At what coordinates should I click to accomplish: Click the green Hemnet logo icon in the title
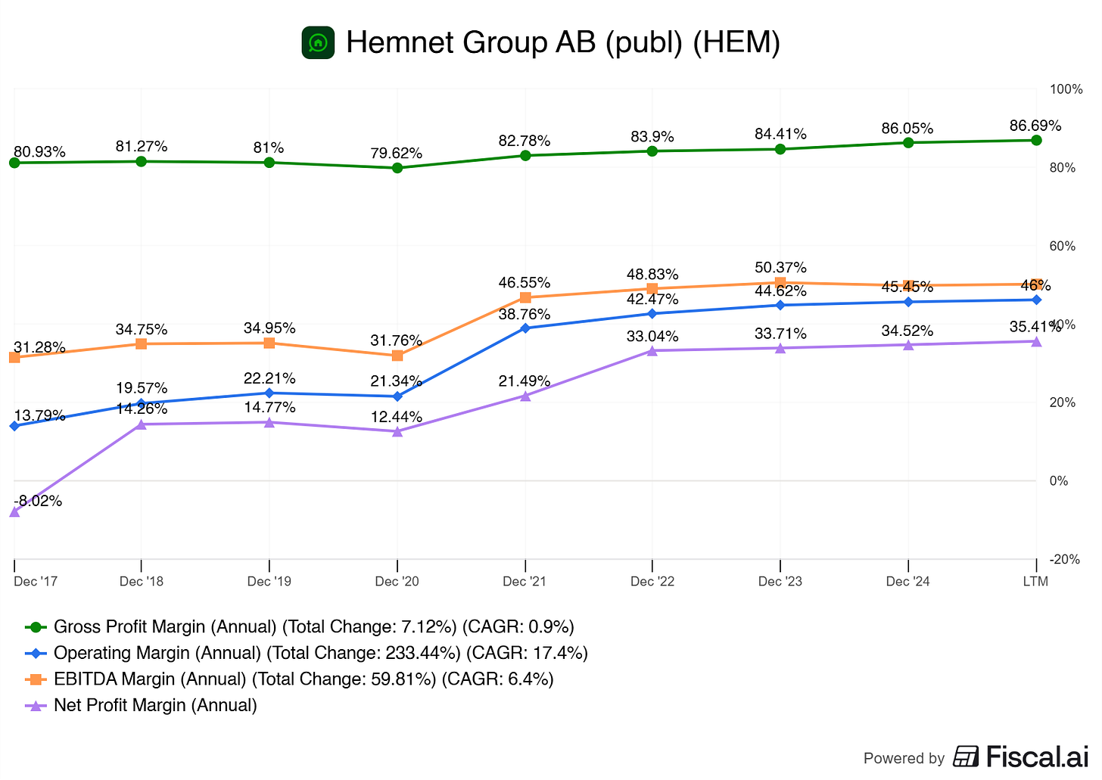pos(318,42)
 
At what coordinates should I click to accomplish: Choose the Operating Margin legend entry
pos(321,653)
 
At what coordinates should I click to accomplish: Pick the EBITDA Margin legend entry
pos(304,679)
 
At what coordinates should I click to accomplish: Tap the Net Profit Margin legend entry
pos(155,705)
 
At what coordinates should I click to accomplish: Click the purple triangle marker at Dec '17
pos(14,511)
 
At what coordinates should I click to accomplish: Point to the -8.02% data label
pos(38,501)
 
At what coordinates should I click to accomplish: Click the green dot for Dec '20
pos(397,168)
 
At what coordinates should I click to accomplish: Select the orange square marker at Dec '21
pos(525,297)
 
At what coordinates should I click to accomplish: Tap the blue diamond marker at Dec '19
pos(269,393)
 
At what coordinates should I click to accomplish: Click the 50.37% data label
pos(780,268)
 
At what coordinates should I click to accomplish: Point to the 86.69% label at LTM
pos(1035,126)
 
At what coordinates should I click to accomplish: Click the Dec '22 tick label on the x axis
pos(652,581)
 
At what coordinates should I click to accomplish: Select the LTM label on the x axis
pos(1035,581)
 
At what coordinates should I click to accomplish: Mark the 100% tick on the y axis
pos(1066,89)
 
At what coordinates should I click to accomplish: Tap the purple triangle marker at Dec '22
pos(652,350)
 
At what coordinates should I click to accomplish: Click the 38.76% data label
pos(525,314)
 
